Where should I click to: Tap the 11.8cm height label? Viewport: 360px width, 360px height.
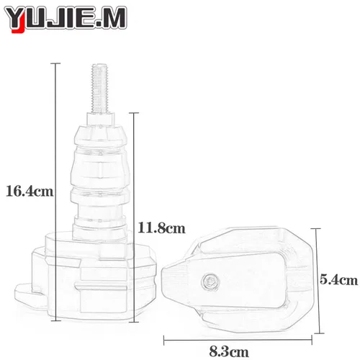(161, 228)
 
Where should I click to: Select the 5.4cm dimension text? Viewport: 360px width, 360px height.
(339, 279)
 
